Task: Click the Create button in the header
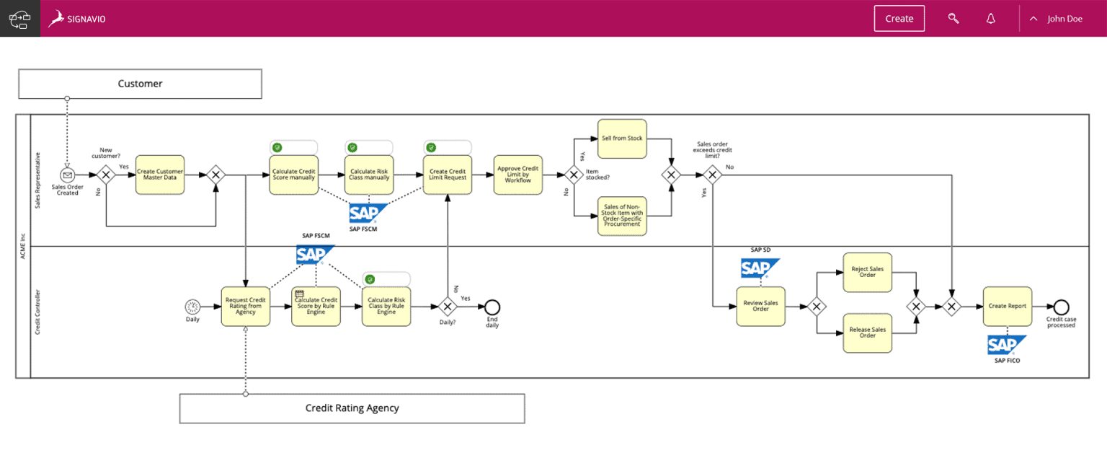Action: [899, 19]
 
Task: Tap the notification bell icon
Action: [991, 19]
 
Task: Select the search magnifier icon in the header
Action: [953, 19]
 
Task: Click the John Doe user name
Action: [1064, 19]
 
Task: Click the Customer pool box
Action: [140, 84]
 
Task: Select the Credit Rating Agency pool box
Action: [352, 408]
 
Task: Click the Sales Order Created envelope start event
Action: [67, 175]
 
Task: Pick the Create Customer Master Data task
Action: [160, 175]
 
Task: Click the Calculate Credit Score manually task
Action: [294, 175]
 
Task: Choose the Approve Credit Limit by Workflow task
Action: [518, 175]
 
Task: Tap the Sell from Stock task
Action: [622, 138]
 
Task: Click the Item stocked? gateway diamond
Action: [574, 175]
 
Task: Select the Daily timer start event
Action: [192, 307]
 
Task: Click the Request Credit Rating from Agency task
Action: [245, 307]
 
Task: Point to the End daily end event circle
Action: [492, 307]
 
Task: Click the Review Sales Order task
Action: [760, 307]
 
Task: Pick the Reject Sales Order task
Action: [867, 272]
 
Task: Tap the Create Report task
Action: [1007, 307]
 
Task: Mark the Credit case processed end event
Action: [1061, 307]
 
